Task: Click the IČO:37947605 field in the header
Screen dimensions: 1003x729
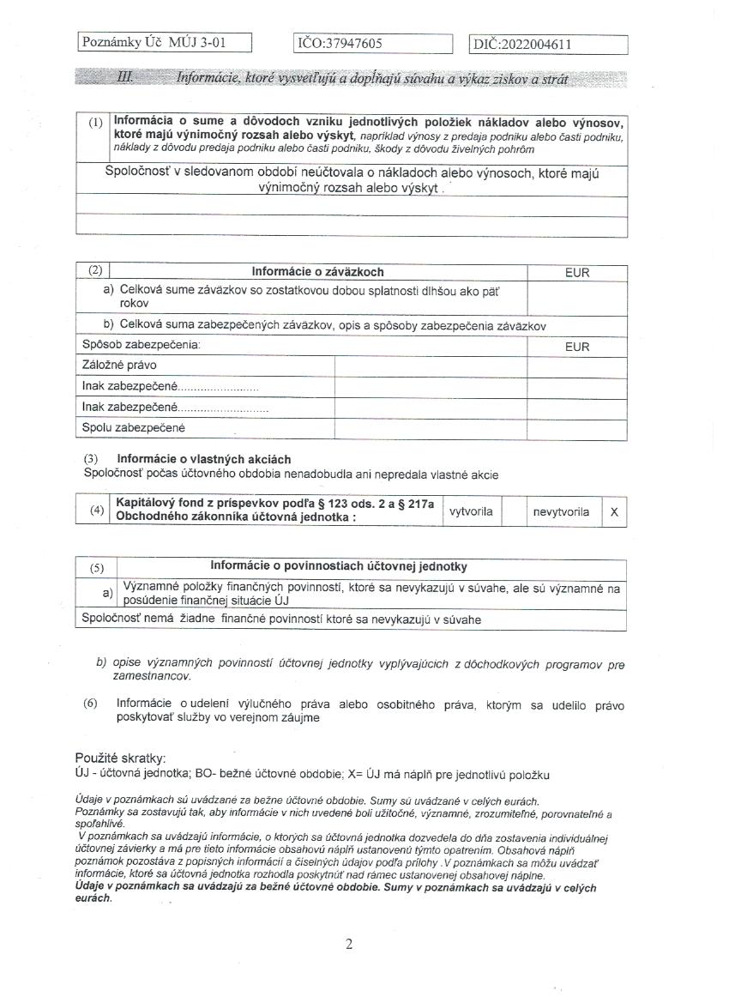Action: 373,44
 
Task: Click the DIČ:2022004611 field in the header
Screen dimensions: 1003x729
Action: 549,45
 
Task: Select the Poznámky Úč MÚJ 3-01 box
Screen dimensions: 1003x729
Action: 165,43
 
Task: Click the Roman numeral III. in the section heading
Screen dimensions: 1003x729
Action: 124,78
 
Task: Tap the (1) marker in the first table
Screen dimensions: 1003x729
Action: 95,123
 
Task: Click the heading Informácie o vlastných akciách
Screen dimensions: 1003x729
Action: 203,459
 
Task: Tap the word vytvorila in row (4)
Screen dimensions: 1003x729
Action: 471,511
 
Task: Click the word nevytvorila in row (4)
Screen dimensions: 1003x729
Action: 561,511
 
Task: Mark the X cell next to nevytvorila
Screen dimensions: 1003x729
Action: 614,511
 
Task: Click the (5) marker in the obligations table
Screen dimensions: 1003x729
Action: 96,568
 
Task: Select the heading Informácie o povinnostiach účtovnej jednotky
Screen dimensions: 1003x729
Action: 339,567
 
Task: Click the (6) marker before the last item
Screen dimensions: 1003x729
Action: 91,704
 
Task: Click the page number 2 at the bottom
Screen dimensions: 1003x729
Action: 349,945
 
